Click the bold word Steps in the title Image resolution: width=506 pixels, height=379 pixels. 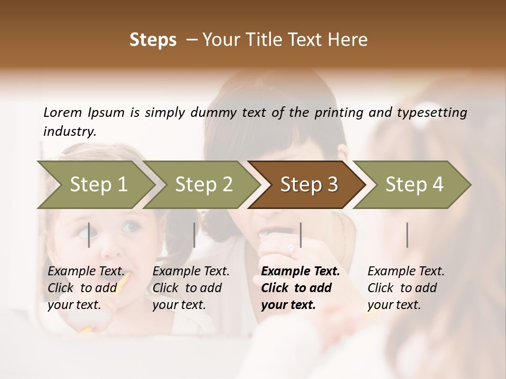pyautogui.click(x=153, y=40)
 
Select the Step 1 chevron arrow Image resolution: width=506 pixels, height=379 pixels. pyautogui.click(x=95, y=185)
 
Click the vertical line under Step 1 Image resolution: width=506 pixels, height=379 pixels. pyautogui.click(x=89, y=235)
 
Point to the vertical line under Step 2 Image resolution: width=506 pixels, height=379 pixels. pyautogui.click(x=194, y=235)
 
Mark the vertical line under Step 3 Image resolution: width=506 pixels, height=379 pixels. pyautogui.click(x=300, y=235)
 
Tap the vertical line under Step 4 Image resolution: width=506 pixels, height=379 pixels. pyautogui.click(x=407, y=235)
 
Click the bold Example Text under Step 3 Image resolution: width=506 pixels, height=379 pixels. pyautogui.click(x=300, y=272)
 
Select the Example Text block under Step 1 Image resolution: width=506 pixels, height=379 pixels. pyautogui.click(x=86, y=288)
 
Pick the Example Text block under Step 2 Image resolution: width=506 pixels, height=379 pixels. pyautogui.click(x=191, y=288)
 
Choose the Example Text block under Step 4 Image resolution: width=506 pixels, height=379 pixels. pyautogui.click(x=406, y=288)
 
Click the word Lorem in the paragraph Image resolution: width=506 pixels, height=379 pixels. pyautogui.click(x=63, y=112)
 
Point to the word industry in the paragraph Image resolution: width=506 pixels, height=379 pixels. pyautogui.click(x=70, y=132)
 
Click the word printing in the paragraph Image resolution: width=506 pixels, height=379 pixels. pyautogui.click(x=342, y=112)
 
